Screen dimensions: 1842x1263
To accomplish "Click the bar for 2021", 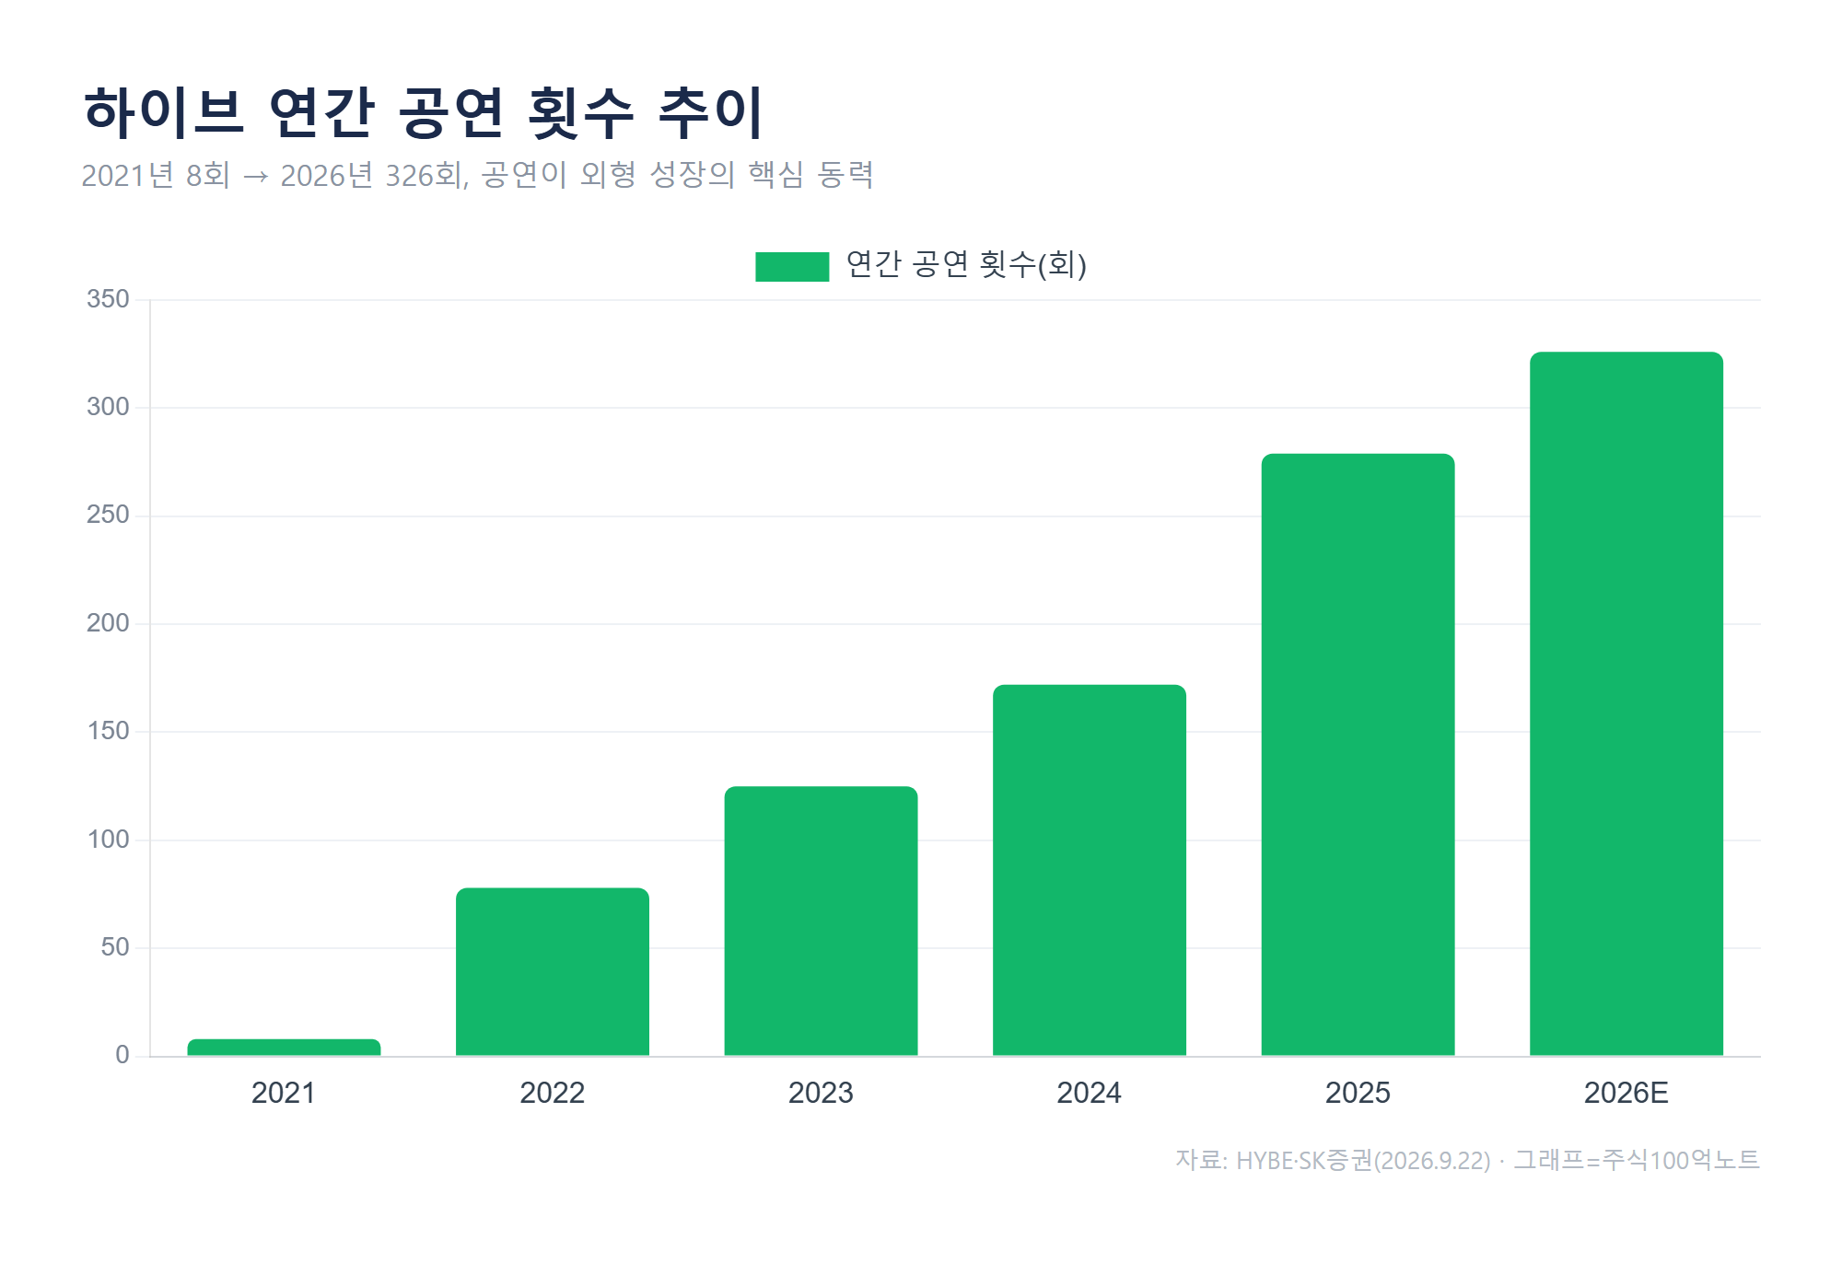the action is click(284, 1047).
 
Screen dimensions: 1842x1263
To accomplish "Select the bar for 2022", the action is click(553, 971).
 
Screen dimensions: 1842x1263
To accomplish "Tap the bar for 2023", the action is click(821, 921).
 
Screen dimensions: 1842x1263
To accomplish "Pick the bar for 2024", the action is click(1090, 870).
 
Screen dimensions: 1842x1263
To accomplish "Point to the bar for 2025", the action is click(1358, 755).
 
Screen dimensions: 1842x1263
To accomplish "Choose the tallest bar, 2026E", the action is click(1626, 703).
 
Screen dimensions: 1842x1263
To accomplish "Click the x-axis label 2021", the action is click(284, 1093).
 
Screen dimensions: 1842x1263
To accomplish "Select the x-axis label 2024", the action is click(1090, 1093).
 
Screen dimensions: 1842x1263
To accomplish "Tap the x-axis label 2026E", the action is click(1626, 1093).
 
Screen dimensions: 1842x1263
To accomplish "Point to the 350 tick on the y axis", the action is click(108, 299).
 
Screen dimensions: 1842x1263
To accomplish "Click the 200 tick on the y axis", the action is click(108, 623).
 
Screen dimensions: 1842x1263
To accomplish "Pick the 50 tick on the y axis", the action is click(115, 947).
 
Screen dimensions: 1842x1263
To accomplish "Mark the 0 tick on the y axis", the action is click(122, 1055).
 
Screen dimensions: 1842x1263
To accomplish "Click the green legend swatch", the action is click(792, 266).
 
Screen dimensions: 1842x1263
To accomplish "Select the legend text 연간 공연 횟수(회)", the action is click(966, 265).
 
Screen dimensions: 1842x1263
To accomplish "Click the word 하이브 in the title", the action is click(164, 112).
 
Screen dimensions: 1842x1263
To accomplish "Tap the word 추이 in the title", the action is click(711, 112).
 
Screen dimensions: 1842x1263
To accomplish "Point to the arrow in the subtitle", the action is click(255, 176).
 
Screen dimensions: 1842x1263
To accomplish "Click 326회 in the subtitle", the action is click(427, 175).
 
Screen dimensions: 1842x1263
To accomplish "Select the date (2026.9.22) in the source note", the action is click(1432, 1161).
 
